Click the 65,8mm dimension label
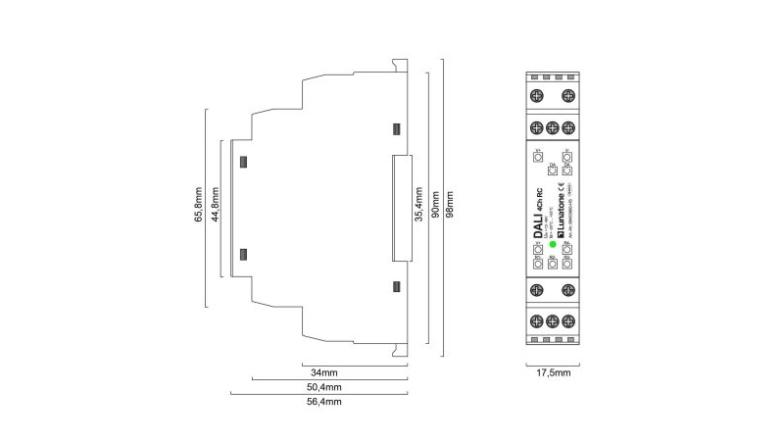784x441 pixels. pos(197,208)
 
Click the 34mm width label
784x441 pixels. pos(324,373)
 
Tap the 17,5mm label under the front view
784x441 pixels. pos(552,373)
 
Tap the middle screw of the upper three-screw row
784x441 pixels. pos(552,126)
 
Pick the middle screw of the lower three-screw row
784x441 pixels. pos(552,320)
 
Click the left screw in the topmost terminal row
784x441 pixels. pos(537,95)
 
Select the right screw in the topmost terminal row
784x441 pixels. pos(566,95)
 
